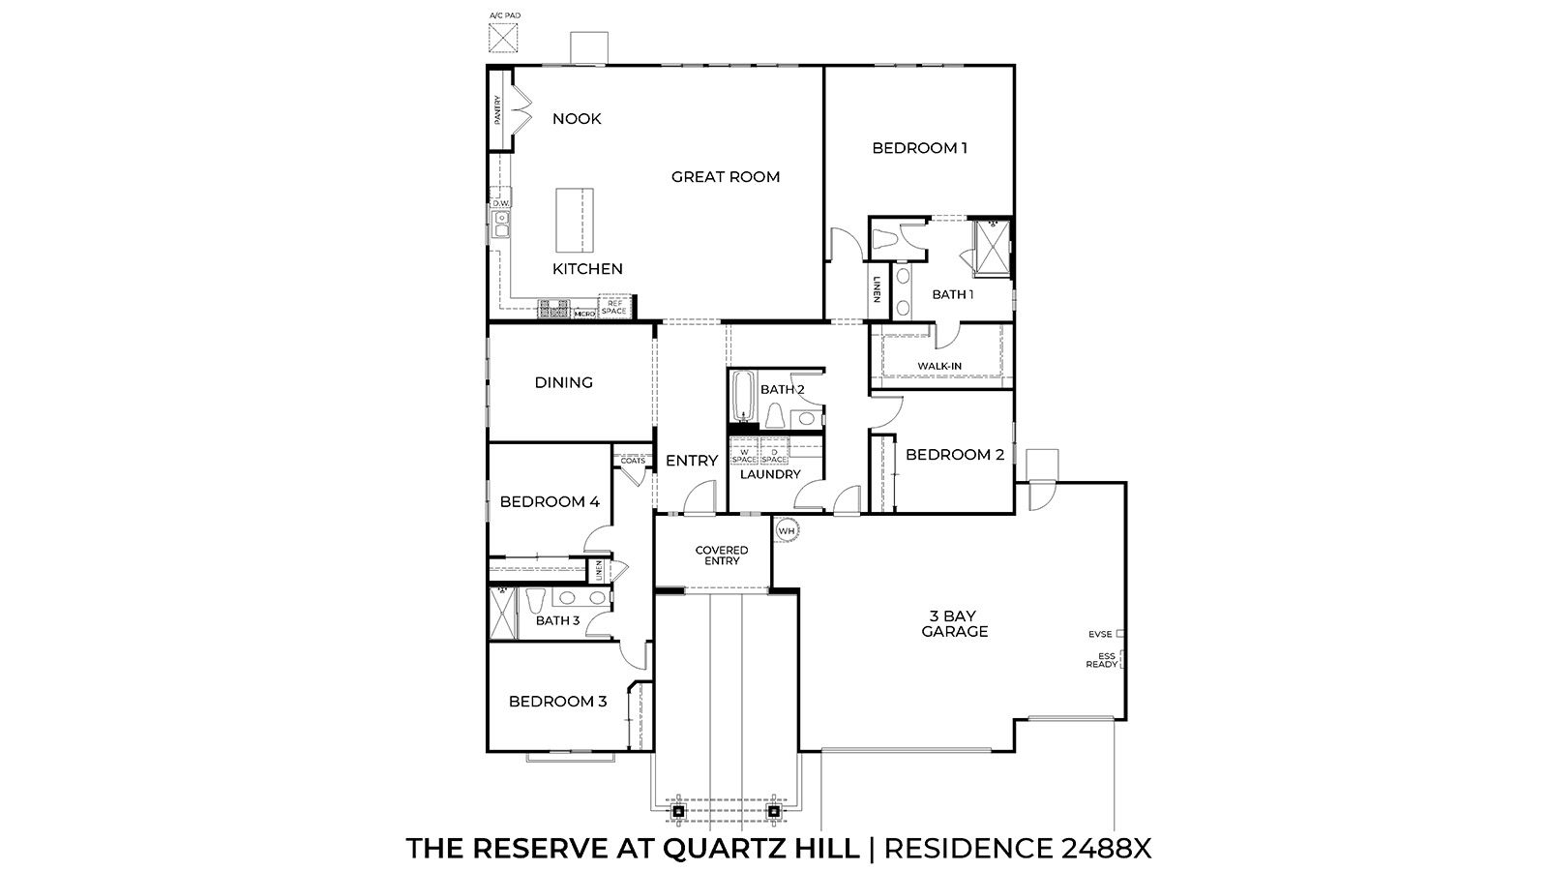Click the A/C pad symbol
[x=502, y=38]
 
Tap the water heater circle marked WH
[x=787, y=530]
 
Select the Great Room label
[x=725, y=177]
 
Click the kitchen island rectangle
[x=575, y=218]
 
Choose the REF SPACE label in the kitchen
[x=614, y=308]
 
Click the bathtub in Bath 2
[x=743, y=398]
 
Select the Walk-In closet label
[x=938, y=366]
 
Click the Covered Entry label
[x=722, y=556]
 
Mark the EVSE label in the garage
[x=1100, y=635]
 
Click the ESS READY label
[x=1102, y=660]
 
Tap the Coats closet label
[x=633, y=461]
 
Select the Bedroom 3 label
[x=557, y=701]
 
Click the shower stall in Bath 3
[x=502, y=613]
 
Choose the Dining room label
[x=563, y=382]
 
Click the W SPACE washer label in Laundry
[x=744, y=455]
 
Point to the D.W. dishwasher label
[x=500, y=203]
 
